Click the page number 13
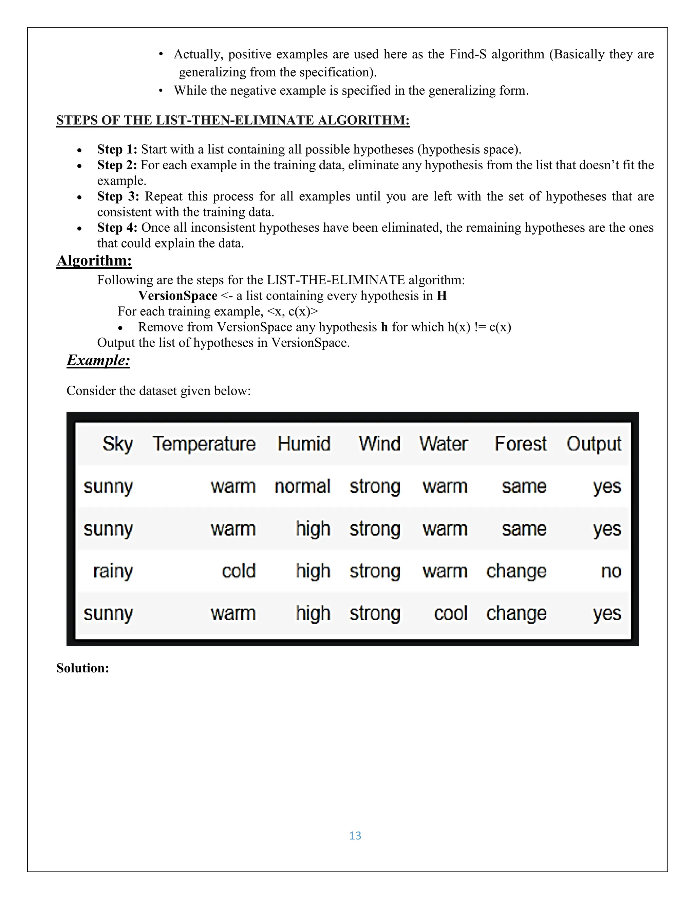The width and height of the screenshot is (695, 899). coord(355,835)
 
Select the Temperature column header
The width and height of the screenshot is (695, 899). coord(204,444)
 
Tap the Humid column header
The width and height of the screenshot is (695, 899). coord(304,444)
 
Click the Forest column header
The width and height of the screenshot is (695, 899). coord(521,444)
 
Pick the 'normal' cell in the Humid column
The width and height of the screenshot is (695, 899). coord(303,486)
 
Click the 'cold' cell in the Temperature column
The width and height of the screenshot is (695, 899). coord(239,571)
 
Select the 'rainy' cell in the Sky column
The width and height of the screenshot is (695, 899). coord(113,571)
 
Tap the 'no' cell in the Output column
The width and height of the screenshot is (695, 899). coord(611,571)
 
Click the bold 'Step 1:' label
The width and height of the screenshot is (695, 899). coord(117,149)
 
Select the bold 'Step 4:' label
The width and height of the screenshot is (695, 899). coord(117,227)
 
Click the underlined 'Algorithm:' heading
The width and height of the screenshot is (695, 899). coord(94,261)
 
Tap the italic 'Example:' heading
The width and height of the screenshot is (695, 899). coord(98,360)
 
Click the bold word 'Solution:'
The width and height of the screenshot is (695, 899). coord(83,668)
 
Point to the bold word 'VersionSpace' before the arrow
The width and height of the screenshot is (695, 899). coord(177,295)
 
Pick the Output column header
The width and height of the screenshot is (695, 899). coord(594,444)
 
